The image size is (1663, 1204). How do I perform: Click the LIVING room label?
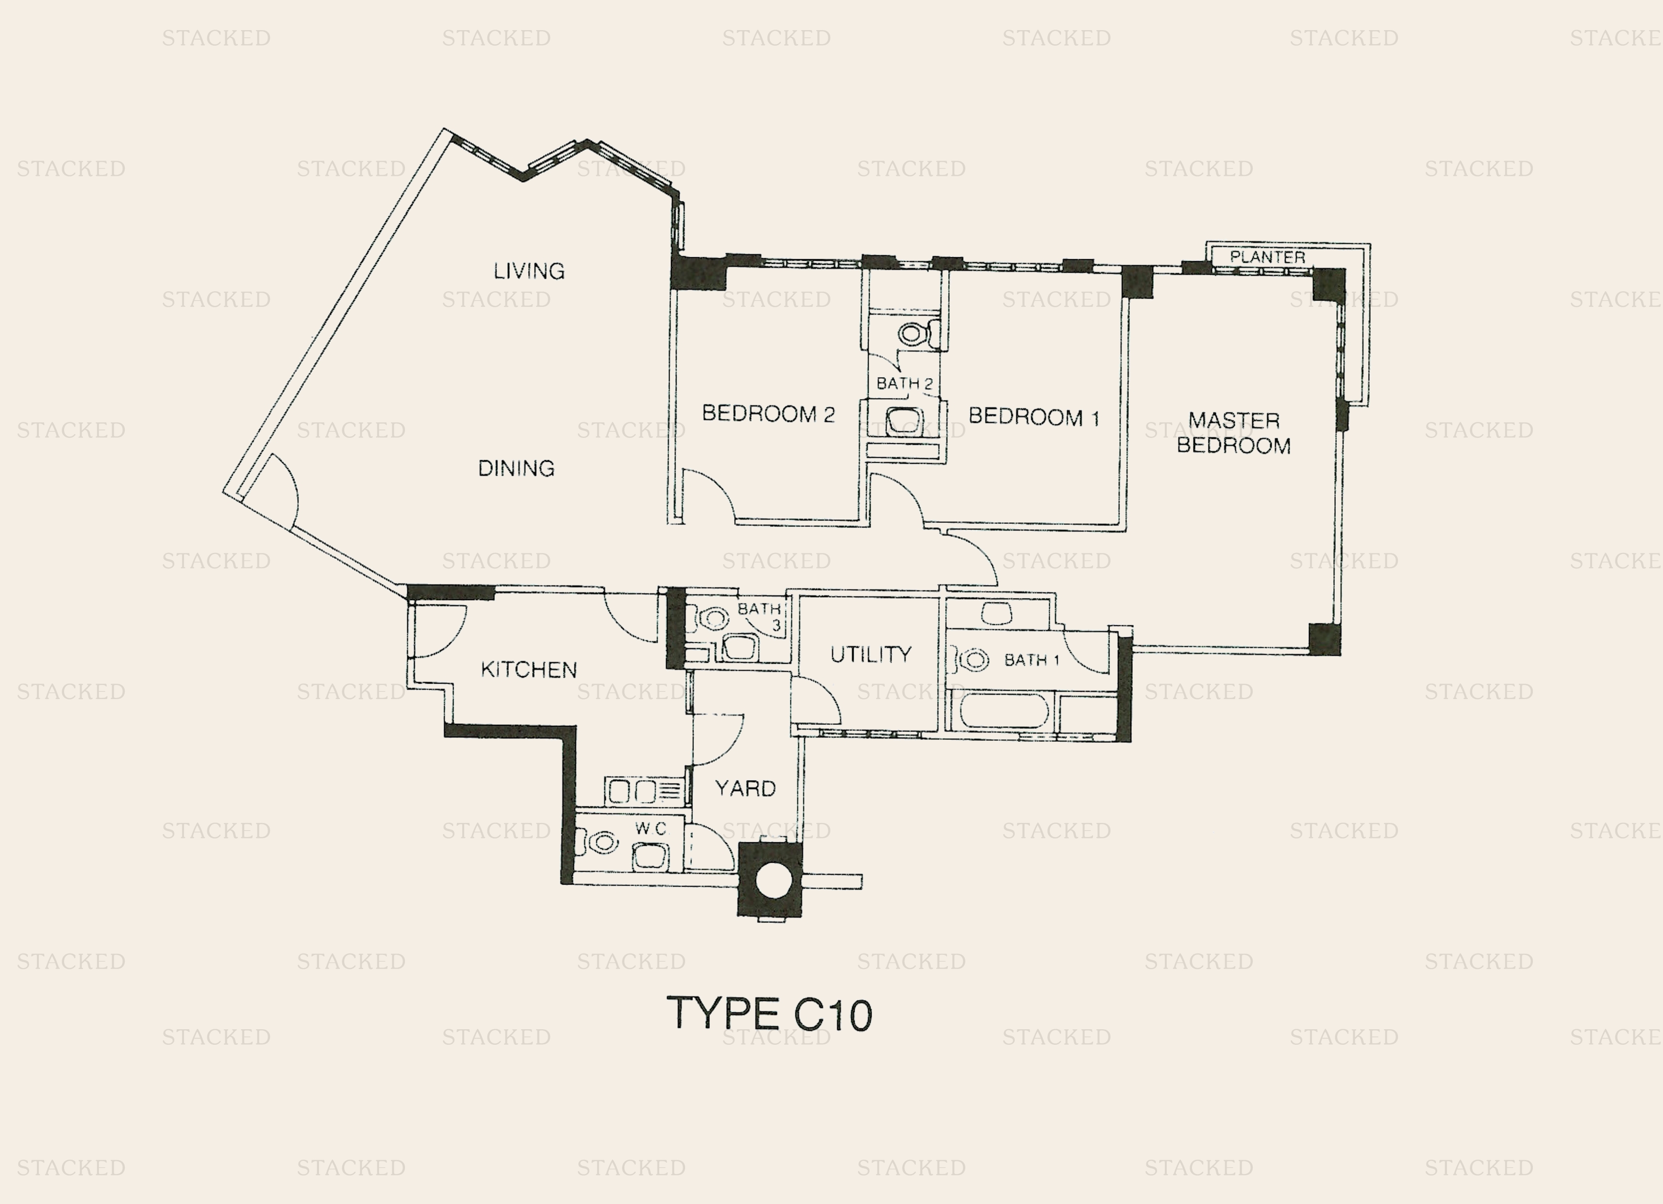529,271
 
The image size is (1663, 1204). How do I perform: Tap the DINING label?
516,468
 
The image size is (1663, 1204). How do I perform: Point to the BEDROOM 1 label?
1034,417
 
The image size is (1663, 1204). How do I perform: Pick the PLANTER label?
1267,257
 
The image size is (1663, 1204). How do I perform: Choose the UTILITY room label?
871,654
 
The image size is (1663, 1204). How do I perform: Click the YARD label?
745,788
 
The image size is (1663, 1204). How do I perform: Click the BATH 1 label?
1032,660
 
